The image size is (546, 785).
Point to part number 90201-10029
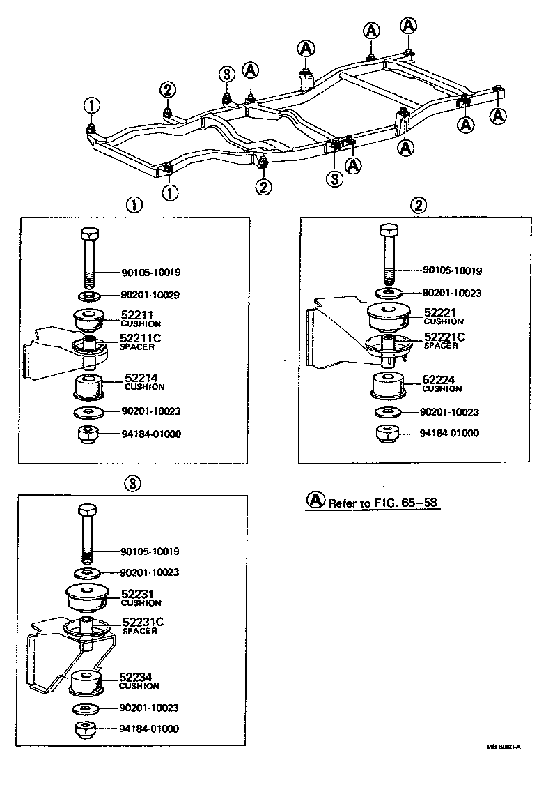click(150, 295)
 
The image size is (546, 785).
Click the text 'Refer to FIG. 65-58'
click(384, 503)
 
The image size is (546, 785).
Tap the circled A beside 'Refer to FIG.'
click(315, 501)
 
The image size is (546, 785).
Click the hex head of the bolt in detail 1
click(89, 233)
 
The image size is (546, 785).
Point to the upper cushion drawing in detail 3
click(85, 597)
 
